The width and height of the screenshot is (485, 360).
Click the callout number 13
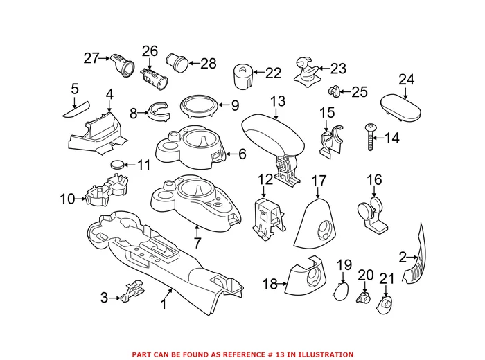tap(277, 102)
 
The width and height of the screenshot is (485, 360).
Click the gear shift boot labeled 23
tap(307, 71)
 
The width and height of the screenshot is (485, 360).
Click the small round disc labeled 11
tap(121, 165)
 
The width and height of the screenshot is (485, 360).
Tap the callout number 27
tap(91, 59)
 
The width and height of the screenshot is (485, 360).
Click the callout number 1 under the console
tap(164, 303)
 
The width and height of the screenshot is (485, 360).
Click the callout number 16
tap(374, 180)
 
